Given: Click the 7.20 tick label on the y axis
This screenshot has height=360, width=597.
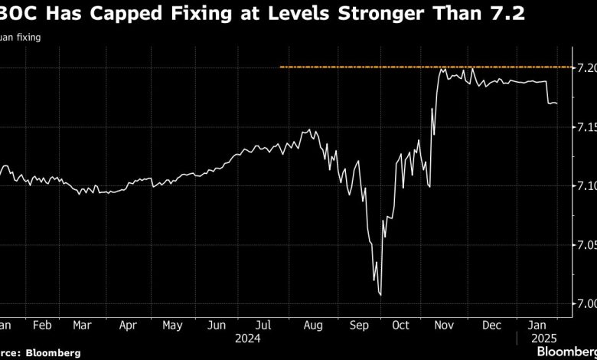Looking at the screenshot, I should pos(585,68).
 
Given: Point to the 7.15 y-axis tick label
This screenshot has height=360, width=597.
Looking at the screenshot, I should pos(585,127).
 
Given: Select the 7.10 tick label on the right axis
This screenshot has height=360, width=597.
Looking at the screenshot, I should pos(585,186).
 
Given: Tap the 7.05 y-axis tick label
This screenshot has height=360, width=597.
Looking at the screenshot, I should pos(585,245).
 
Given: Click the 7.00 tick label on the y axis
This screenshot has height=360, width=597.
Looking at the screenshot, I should pos(585,304).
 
